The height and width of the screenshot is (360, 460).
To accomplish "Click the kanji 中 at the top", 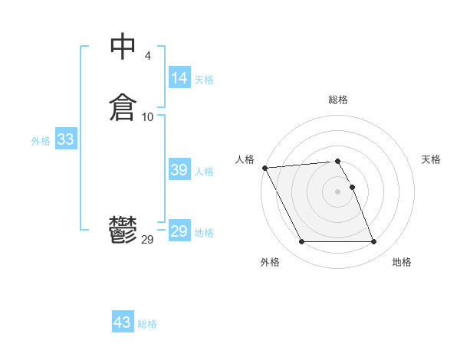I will pyautogui.click(x=123, y=47).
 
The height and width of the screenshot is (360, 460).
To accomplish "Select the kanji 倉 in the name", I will pyautogui.click(x=123, y=107).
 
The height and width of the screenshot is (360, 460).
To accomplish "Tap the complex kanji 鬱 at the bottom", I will pyautogui.click(x=123, y=230).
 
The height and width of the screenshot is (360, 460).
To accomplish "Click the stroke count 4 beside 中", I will pyautogui.click(x=147, y=55).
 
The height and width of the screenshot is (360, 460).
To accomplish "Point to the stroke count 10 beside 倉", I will pyautogui.click(x=148, y=116).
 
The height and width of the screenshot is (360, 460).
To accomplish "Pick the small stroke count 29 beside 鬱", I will pyautogui.click(x=148, y=240).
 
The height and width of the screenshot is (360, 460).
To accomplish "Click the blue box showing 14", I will pyautogui.click(x=179, y=78).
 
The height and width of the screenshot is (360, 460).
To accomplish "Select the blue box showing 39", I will pyautogui.click(x=179, y=170).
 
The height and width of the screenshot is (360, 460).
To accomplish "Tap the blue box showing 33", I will pyautogui.click(x=65, y=139).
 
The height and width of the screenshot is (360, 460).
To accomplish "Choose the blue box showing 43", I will pyautogui.click(x=123, y=322).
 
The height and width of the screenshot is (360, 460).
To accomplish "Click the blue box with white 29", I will pyautogui.click(x=179, y=231).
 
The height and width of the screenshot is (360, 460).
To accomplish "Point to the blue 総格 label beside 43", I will pyautogui.click(x=147, y=324).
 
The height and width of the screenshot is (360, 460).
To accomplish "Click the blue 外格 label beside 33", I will pyautogui.click(x=41, y=141).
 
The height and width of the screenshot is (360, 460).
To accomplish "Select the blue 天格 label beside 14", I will pyautogui.click(x=204, y=80).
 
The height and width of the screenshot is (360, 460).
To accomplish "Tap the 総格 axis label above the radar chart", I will pyautogui.click(x=338, y=100).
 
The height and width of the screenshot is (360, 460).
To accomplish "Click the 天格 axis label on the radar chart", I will pyautogui.click(x=431, y=159).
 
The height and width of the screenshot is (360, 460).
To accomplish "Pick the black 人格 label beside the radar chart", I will pyautogui.click(x=245, y=159).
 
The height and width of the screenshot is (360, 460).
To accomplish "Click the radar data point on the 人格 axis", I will pyautogui.click(x=265, y=168).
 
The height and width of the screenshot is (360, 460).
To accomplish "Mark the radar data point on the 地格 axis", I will pyautogui.click(x=374, y=242).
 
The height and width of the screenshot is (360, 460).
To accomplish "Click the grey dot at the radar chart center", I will pyautogui.click(x=338, y=191).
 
